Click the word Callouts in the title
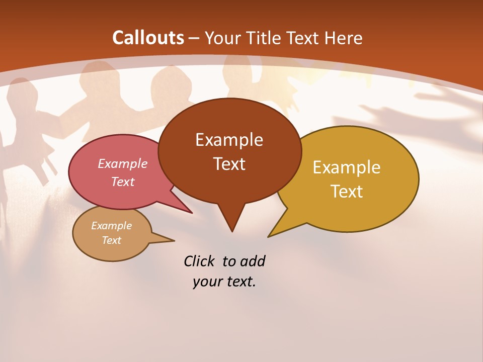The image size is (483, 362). (x=148, y=38)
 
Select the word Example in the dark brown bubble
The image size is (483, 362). (x=229, y=140)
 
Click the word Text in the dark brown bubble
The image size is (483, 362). (x=229, y=164)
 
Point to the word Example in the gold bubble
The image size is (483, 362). (x=347, y=167)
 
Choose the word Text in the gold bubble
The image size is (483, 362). (x=347, y=192)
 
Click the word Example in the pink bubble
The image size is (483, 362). (x=123, y=163)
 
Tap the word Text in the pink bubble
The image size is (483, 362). (x=123, y=182)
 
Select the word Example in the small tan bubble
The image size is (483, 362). (x=112, y=226)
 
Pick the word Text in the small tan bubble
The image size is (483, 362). (x=112, y=240)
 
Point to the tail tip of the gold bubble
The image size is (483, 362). (x=269, y=236)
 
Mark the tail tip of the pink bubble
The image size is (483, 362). (x=192, y=213)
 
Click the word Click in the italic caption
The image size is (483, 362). (x=200, y=261)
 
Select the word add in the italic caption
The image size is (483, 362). (x=253, y=261)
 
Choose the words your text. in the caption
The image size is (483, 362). (x=224, y=282)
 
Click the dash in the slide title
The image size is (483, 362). (x=195, y=38)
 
